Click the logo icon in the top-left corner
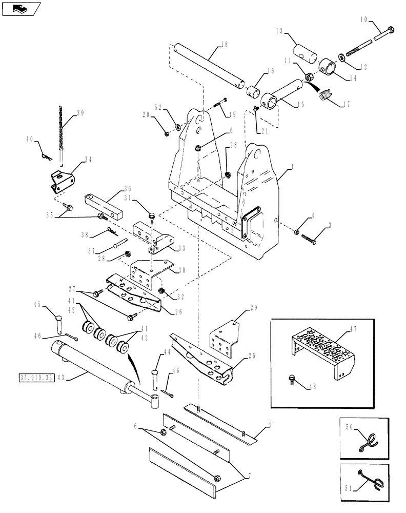20,9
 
